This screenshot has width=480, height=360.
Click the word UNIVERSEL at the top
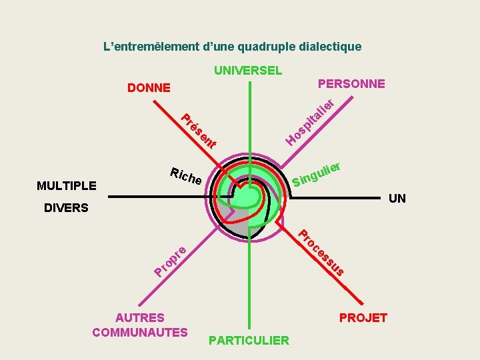click(248, 70)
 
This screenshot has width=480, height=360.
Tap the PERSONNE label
click(351, 83)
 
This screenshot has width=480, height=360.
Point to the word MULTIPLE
click(67, 185)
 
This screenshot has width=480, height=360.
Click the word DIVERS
click(66, 208)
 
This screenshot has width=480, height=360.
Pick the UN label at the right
click(397, 198)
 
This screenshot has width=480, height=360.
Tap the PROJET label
click(363, 317)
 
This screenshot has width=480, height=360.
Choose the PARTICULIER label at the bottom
click(249, 341)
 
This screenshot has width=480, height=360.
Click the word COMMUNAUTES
click(140, 332)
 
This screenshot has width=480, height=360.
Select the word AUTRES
click(140, 318)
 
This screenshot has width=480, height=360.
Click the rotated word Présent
click(199, 131)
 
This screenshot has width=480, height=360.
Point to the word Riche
click(186, 176)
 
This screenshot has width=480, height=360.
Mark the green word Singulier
click(317, 173)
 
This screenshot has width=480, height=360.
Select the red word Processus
click(321, 253)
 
